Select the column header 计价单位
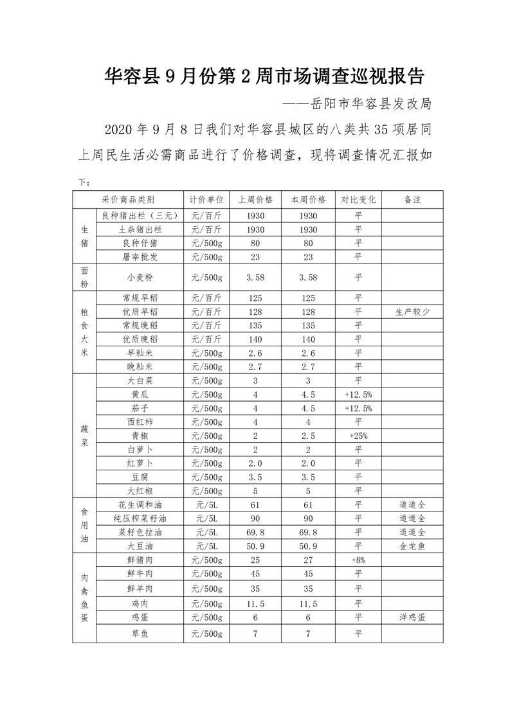click(x=206, y=199)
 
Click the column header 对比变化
click(x=358, y=199)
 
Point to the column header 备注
click(x=412, y=199)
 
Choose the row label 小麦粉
click(x=140, y=278)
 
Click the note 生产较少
click(x=412, y=312)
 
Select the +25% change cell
click(x=358, y=436)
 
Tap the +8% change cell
click(x=358, y=560)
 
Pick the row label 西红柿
click(x=140, y=422)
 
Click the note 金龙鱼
click(x=412, y=546)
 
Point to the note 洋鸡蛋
click(x=412, y=617)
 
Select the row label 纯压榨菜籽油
click(x=140, y=518)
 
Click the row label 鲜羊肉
click(x=140, y=588)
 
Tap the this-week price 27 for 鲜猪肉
click(x=308, y=560)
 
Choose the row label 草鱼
click(x=140, y=634)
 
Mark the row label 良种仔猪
click(x=140, y=243)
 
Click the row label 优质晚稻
click(x=140, y=339)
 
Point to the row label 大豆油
click(x=140, y=546)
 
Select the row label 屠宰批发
click(x=140, y=257)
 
